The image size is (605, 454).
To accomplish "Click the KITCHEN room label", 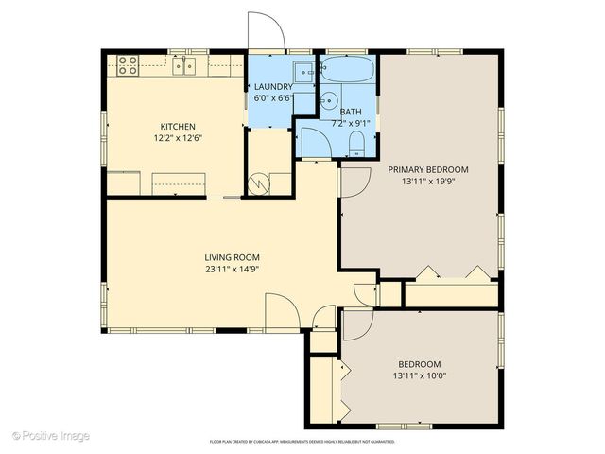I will (177, 126).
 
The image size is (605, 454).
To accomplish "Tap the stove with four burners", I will (128, 65).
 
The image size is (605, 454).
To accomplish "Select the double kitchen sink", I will (185, 65).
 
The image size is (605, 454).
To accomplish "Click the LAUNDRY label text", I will (272, 87).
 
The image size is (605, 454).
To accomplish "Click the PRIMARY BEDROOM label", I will (428, 170).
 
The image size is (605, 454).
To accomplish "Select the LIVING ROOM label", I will (232, 257).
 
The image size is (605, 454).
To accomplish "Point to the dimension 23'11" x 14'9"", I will (232, 269).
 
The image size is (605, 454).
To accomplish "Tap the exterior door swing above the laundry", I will (265, 31).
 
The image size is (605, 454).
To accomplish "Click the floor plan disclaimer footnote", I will (302, 442).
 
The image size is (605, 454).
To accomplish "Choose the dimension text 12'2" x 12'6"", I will (177, 137).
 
